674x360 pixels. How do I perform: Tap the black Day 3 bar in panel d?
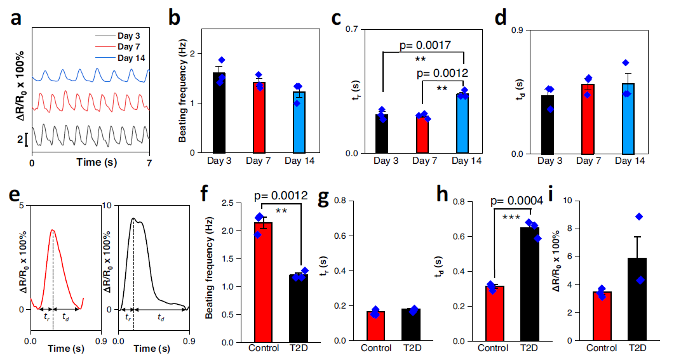[548, 124]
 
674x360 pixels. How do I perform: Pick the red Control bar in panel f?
[262, 282]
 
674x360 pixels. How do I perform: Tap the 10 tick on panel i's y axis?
[577, 201]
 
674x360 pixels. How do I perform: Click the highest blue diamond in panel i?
[639, 217]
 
